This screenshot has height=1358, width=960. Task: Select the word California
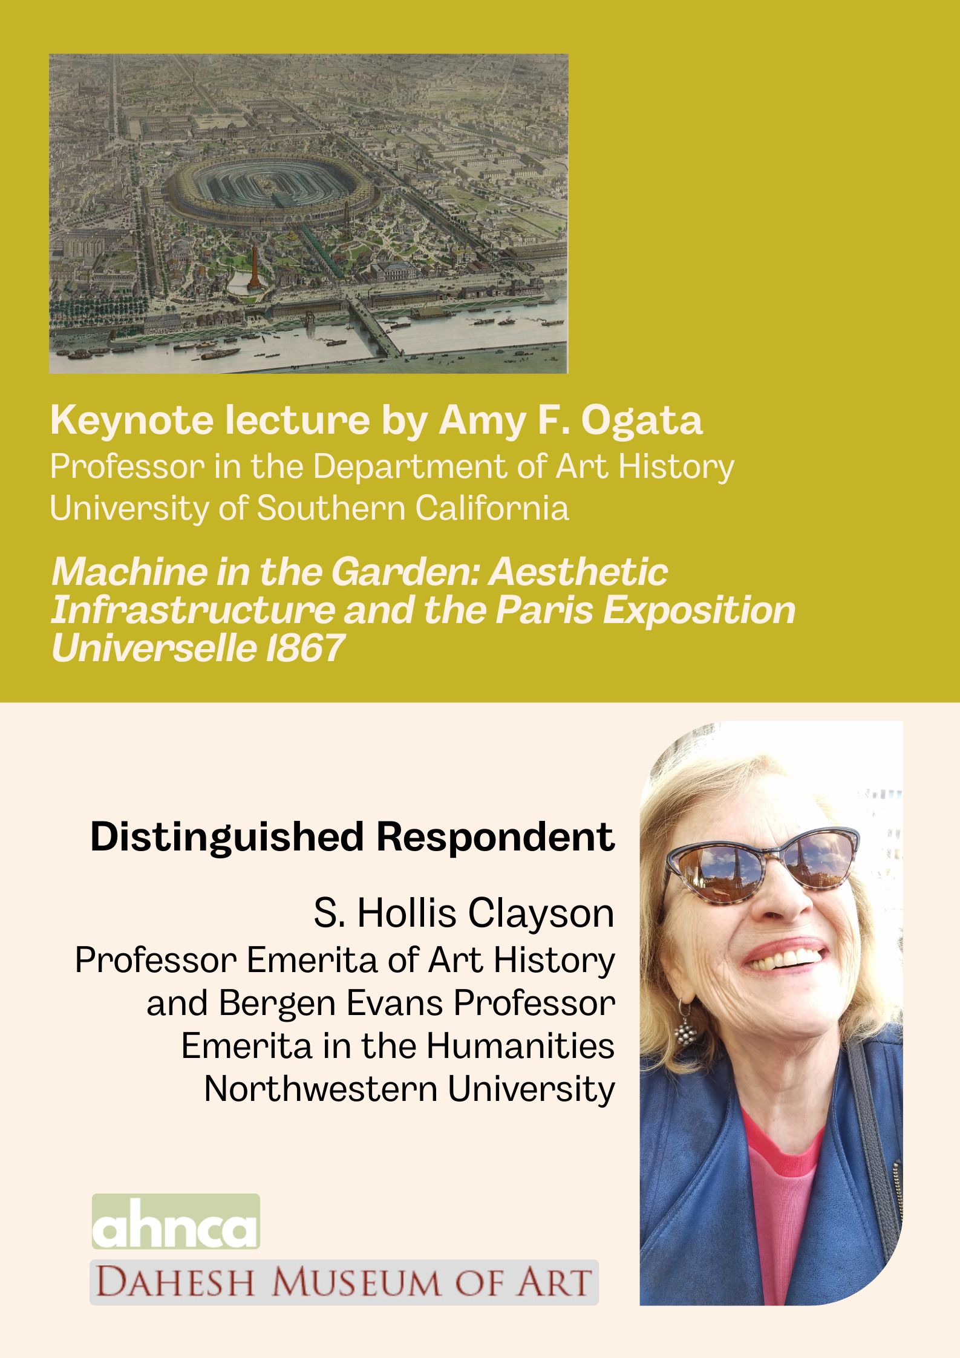[x=491, y=508]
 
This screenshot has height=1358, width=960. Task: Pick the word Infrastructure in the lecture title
[x=192, y=610]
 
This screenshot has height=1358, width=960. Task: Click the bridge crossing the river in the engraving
[x=374, y=326]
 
